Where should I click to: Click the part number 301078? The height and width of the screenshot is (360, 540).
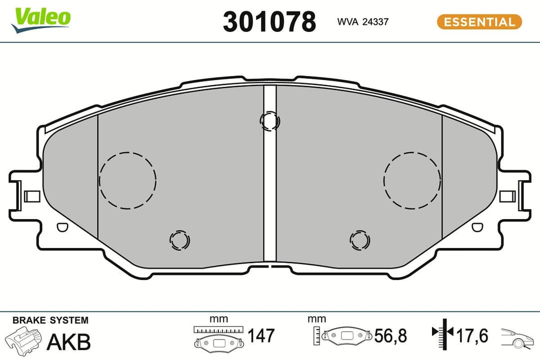(269, 22)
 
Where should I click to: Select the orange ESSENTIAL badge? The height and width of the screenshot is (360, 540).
(479, 22)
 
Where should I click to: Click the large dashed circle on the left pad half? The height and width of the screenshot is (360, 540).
(127, 179)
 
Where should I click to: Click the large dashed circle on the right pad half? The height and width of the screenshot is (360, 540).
(412, 179)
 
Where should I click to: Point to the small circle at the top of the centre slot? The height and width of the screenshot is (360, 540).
(270, 120)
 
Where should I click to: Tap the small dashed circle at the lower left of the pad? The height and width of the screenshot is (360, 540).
(179, 240)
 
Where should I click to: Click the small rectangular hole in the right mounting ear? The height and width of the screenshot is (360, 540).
(507, 196)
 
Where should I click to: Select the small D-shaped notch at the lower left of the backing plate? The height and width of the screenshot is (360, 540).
(61, 227)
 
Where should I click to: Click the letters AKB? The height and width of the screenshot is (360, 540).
(68, 342)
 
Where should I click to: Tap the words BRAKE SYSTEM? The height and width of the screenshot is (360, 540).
(50, 320)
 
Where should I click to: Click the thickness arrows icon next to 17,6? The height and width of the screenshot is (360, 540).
(442, 333)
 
